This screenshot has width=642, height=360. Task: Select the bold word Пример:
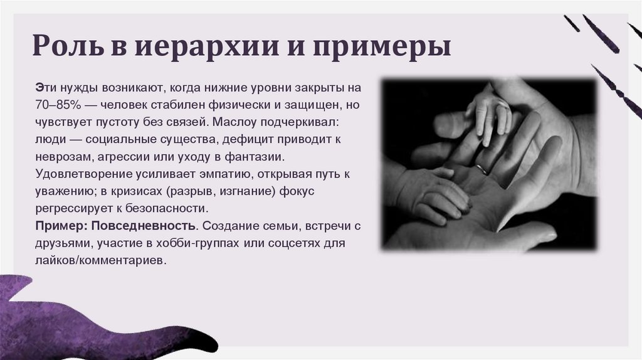point(55,225)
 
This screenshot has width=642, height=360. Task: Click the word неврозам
point(61,155)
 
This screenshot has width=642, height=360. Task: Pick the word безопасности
point(169,208)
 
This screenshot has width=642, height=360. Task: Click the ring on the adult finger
point(481,169)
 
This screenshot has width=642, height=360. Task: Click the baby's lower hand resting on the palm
point(433,191)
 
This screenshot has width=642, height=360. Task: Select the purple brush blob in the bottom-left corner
point(75,317)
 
